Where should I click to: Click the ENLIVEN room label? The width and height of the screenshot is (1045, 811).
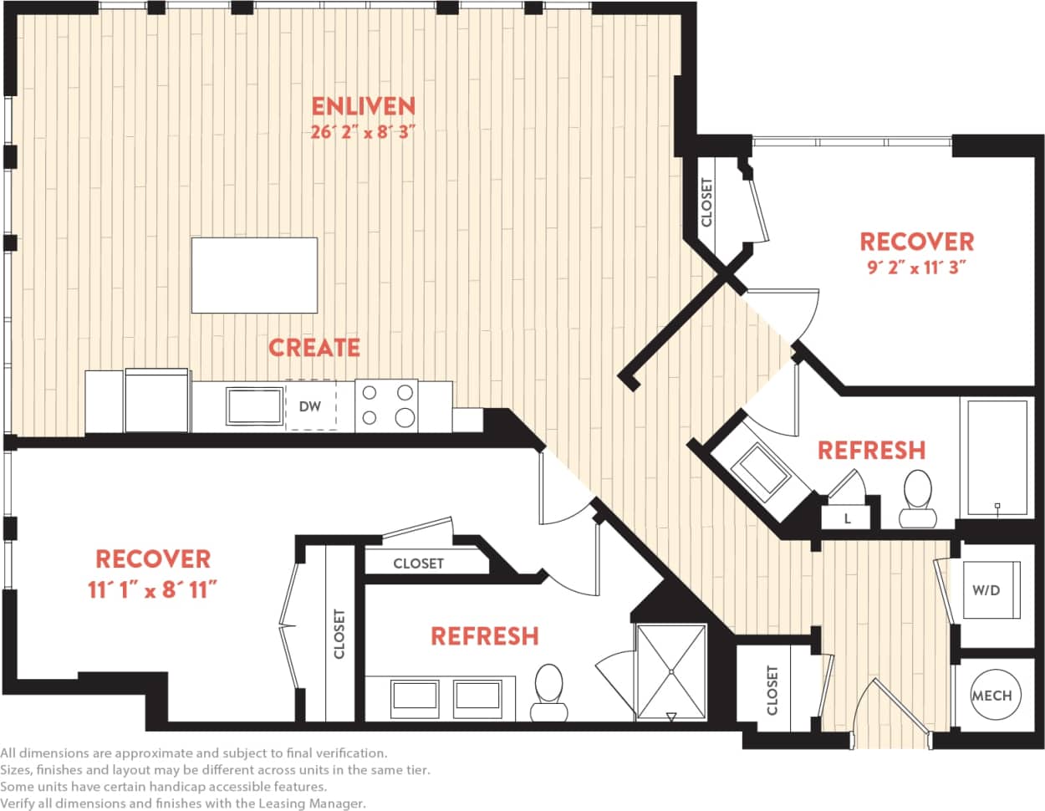pos(363,106)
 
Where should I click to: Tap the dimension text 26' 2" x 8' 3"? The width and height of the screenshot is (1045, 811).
pos(363,132)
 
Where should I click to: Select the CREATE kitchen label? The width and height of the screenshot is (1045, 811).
pos(313,347)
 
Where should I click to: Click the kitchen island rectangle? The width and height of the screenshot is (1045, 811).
pos(254,274)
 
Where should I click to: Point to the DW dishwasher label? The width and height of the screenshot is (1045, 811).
pos(310,406)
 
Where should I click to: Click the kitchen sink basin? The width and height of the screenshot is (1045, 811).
pos(255,406)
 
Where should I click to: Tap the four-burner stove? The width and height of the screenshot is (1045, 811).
pos(386,405)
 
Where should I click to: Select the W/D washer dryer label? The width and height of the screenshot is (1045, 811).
pos(986,590)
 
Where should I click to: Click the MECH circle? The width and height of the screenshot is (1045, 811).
pos(991,695)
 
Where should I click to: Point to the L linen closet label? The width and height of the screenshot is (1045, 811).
pos(847,518)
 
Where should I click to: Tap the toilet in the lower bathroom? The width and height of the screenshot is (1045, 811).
pos(548,691)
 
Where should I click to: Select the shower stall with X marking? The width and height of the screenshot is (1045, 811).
pos(671,671)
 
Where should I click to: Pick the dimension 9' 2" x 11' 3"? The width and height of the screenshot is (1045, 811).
pos(917,268)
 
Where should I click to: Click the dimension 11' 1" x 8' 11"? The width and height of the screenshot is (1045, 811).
pos(153,590)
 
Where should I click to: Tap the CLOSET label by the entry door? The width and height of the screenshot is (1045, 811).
pos(771,691)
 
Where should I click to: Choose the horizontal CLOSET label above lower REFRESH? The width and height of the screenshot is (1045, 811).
pos(418,564)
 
